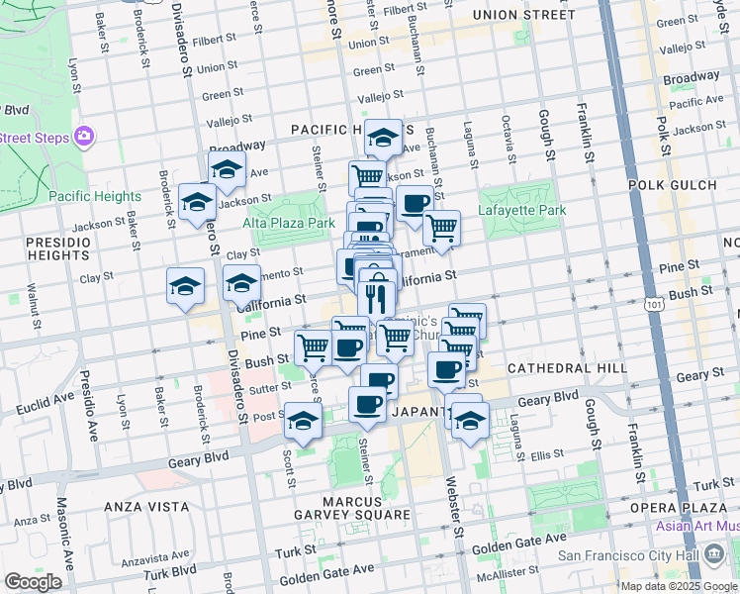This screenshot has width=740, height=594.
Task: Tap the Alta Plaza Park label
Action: tap(289, 224)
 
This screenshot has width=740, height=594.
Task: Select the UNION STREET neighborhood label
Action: tap(523, 15)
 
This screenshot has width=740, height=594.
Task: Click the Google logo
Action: tap(33, 582)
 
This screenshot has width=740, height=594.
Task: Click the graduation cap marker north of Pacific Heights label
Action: tap(383, 137)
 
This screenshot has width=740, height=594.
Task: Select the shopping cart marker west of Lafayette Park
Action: tap(441, 227)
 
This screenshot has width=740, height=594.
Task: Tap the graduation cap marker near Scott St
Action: tap(303, 420)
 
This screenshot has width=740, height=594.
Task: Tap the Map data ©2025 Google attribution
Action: tap(679, 586)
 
